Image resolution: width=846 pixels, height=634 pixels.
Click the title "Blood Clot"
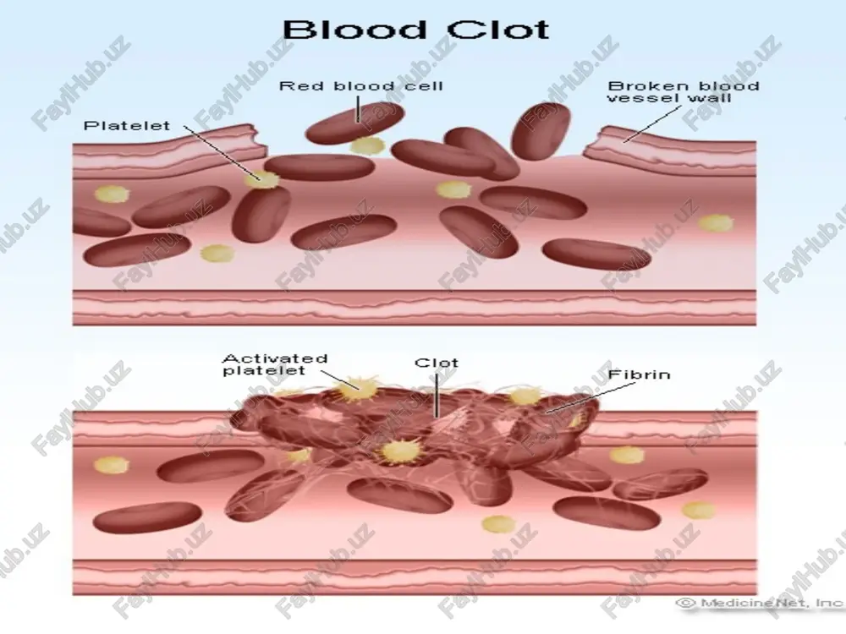click(x=416, y=30)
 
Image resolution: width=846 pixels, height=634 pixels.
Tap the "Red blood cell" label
click(x=361, y=85)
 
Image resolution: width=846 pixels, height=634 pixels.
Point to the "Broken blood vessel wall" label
click(x=684, y=91)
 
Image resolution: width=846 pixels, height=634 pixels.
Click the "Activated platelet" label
click(x=275, y=364)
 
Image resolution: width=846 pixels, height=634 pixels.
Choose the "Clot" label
click(x=437, y=363)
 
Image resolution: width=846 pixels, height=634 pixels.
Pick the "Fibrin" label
click(x=640, y=374)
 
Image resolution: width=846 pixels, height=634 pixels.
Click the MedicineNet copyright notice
click(x=761, y=603)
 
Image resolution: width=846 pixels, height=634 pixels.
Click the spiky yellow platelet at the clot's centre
click(x=400, y=451)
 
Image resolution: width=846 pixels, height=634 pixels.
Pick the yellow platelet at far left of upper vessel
click(x=113, y=194)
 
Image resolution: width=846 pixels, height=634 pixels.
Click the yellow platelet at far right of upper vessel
click(x=716, y=223)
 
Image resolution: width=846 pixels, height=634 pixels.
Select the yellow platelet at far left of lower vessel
click(x=112, y=465)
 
